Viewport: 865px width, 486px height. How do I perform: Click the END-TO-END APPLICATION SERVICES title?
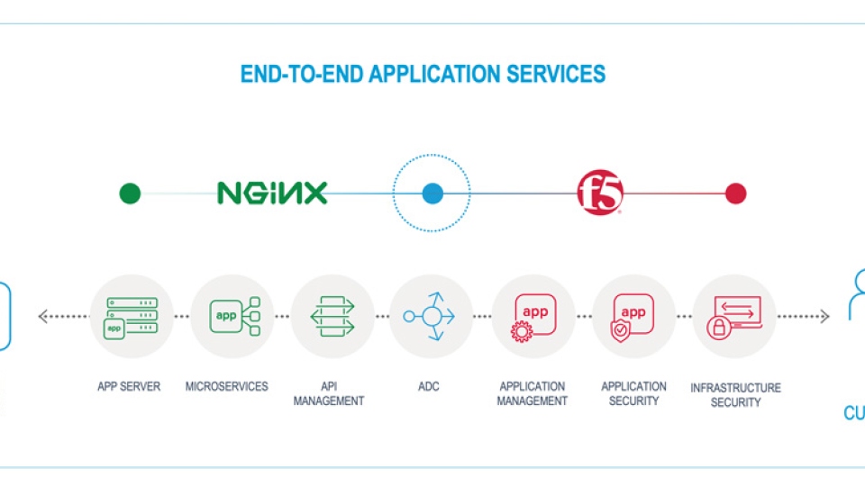point(423,74)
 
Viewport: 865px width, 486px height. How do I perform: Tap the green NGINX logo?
point(271,193)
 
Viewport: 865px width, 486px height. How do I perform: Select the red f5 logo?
point(600,193)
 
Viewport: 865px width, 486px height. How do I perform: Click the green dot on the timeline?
point(131,193)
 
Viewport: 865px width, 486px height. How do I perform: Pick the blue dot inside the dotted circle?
point(433,193)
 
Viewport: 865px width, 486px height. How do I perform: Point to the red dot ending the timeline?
point(736,193)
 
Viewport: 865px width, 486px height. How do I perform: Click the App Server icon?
point(132,316)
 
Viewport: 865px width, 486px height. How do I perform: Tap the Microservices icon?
point(232,316)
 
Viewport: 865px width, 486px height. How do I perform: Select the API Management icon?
point(332,316)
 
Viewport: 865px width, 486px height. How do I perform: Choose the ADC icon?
point(431,316)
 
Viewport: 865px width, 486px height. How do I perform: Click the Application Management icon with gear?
point(533,316)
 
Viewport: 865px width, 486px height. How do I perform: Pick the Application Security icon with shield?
point(633,316)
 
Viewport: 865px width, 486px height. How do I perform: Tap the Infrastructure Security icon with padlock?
point(734,316)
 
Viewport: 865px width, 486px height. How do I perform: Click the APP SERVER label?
point(129,387)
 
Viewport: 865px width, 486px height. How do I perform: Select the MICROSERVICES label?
point(227,387)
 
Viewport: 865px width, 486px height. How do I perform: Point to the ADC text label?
point(429,387)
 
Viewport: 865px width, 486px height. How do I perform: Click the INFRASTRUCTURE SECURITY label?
point(735,395)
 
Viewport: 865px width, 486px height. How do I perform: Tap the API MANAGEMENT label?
point(329,393)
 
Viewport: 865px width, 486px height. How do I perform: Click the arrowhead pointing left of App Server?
point(42,316)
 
